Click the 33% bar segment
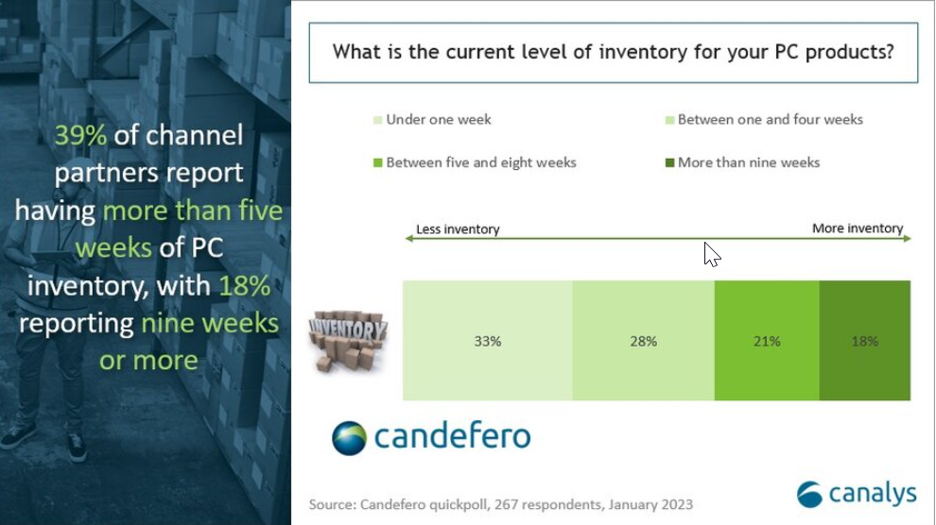(x=488, y=340)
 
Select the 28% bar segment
(x=644, y=340)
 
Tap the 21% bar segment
(x=767, y=340)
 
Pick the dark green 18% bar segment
(x=865, y=340)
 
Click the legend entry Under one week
(x=432, y=120)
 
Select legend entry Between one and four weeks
(x=764, y=120)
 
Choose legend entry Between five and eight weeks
(x=475, y=162)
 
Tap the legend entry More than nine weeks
(x=742, y=162)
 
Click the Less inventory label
(x=458, y=229)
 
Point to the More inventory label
(x=858, y=229)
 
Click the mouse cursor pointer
(x=712, y=254)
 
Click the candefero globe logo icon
(x=349, y=438)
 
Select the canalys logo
(x=857, y=494)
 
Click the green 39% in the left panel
(x=80, y=135)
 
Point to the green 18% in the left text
(x=245, y=286)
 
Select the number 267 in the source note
(x=506, y=505)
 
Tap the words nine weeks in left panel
(x=210, y=324)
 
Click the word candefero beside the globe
(x=452, y=437)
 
